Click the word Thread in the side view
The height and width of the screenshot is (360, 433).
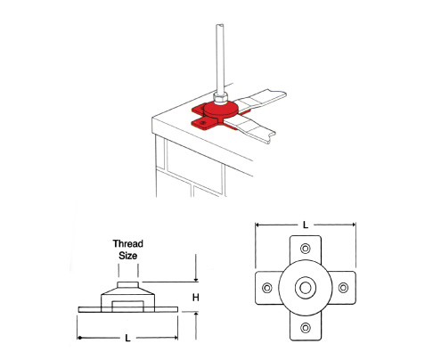click(127, 243)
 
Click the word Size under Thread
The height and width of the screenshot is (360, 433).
click(128, 256)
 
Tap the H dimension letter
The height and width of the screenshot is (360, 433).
click(195, 297)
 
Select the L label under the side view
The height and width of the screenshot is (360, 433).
click(127, 338)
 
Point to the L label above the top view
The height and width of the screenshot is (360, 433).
click(306, 225)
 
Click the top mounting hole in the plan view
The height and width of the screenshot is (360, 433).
click(306, 248)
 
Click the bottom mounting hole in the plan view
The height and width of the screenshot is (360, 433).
click(306, 328)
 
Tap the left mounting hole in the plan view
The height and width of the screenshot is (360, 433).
click(267, 288)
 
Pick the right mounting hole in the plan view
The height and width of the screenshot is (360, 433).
click(343, 288)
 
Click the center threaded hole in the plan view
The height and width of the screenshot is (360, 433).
click(306, 288)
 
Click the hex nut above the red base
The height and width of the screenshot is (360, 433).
click(221, 98)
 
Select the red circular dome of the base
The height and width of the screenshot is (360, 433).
click(221, 109)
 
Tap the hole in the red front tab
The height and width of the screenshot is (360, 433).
click(202, 122)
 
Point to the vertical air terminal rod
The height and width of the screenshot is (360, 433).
click(220, 59)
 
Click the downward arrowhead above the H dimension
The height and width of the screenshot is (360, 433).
click(196, 279)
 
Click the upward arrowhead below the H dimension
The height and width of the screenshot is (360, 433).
click(196, 315)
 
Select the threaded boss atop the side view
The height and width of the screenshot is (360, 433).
click(127, 285)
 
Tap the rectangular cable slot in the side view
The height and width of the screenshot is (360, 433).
click(128, 307)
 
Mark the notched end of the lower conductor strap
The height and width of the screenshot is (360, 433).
click(271, 137)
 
